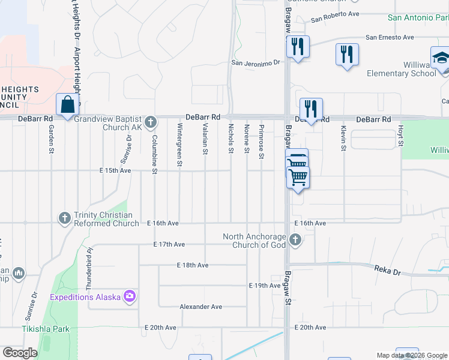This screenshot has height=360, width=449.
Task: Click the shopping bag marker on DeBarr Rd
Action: click(x=68, y=104)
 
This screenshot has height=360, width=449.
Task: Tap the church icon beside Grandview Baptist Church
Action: click(x=151, y=122)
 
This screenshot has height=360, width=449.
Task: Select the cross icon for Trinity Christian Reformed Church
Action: click(x=65, y=218)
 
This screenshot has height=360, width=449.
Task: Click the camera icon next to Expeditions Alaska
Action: click(x=129, y=296)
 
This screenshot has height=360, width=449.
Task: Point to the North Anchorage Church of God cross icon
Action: click(x=295, y=240)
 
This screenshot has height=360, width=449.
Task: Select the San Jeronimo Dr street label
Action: click(x=256, y=62)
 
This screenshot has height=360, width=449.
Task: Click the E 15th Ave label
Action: click(x=115, y=170)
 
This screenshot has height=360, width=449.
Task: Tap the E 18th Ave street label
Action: click(x=193, y=265)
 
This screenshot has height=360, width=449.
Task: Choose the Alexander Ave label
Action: click(x=201, y=307)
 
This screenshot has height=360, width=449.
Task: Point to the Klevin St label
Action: click(x=343, y=138)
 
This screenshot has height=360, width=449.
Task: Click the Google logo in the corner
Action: click(x=20, y=353)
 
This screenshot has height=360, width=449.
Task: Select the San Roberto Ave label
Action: click(x=335, y=13)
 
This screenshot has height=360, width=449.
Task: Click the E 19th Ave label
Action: click(x=265, y=286)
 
